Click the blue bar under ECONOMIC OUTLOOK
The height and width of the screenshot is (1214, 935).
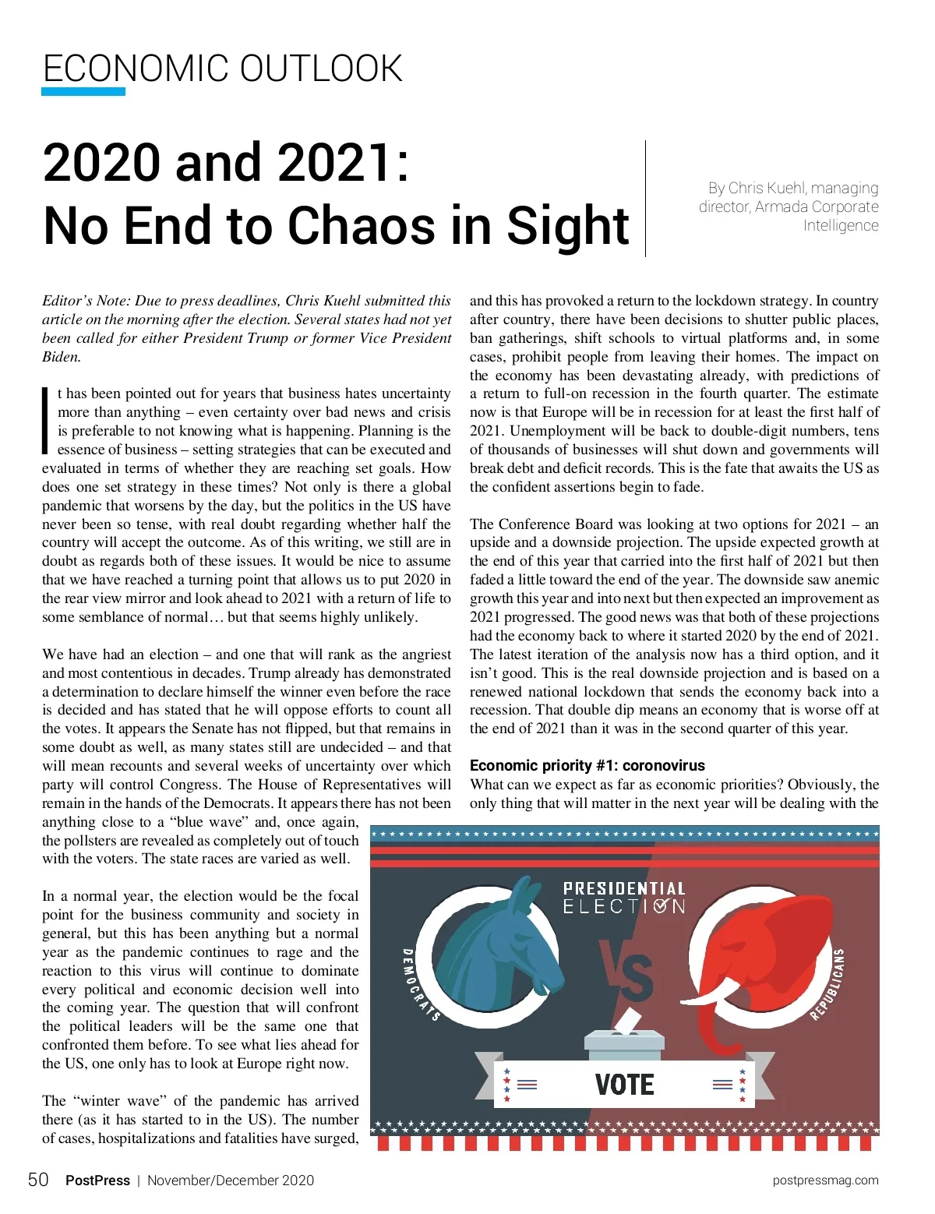[x=83, y=91]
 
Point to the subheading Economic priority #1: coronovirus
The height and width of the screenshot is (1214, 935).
[x=587, y=765]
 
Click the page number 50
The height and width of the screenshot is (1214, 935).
[x=38, y=1180]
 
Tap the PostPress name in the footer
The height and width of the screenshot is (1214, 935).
[x=97, y=1180]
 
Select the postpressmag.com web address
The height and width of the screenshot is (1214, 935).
[x=825, y=1180]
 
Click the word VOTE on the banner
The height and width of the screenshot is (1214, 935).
[x=624, y=1084]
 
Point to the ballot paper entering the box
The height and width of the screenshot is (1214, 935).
[x=627, y=1022]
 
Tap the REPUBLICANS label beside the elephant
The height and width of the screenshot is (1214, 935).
[x=828, y=983]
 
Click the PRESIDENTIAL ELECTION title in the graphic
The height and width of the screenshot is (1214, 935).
[x=624, y=897]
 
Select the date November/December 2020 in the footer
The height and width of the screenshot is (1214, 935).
[x=231, y=1180]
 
